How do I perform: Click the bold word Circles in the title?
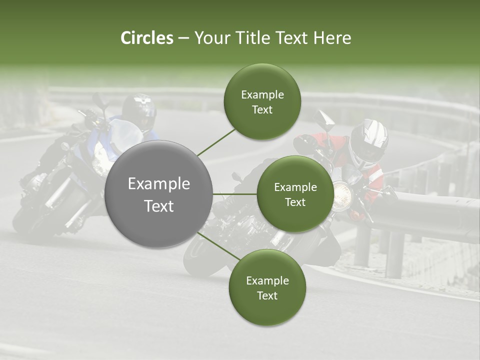(x=147, y=38)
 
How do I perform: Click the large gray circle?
(x=159, y=194)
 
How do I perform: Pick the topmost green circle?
(x=262, y=101)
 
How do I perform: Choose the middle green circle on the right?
(x=295, y=194)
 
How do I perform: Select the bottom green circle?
(x=267, y=287)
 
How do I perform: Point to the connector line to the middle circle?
(x=235, y=194)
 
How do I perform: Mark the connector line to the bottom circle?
(x=218, y=246)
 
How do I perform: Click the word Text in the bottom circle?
(x=267, y=295)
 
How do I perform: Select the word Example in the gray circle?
(x=159, y=184)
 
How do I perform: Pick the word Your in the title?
(x=211, y=38)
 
